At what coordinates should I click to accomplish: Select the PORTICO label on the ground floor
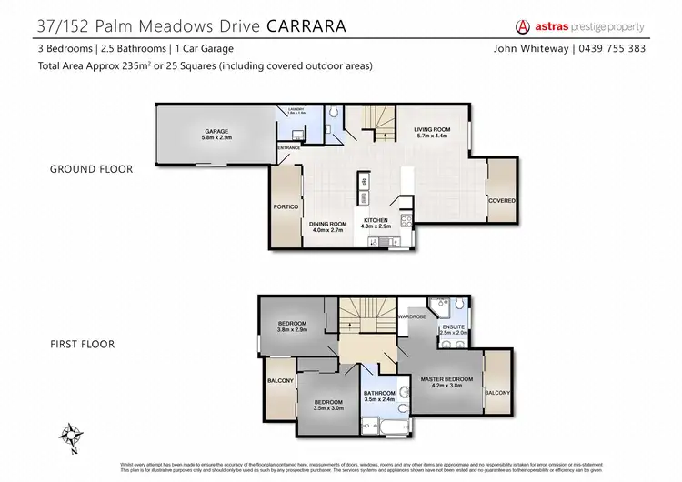[286, 206]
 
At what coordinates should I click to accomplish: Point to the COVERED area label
[501, 200]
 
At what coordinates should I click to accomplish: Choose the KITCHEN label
[376, 221]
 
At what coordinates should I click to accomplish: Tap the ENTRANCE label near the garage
[288, 147]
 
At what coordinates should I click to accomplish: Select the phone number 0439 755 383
[613, 48]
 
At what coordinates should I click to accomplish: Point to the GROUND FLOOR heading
[93, 168]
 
